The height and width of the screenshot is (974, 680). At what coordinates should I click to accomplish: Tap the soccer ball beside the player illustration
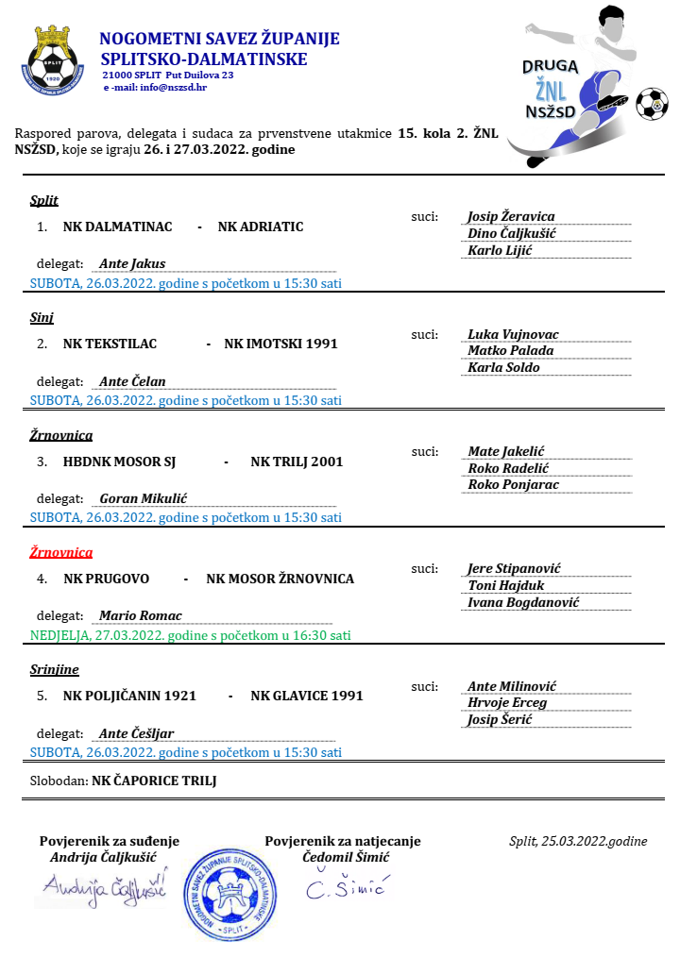click(651, 104)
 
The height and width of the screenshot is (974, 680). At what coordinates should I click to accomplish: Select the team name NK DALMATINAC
click(117, 227)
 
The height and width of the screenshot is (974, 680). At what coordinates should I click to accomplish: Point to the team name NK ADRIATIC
click(261, 227)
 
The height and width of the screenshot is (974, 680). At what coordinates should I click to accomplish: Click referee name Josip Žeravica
click(511, 216)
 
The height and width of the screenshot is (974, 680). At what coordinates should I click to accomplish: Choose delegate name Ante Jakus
click(132, 264)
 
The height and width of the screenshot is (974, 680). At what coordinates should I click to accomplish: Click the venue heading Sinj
click(42, 318)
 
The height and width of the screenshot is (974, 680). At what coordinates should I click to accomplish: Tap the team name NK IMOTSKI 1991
click(280, 344)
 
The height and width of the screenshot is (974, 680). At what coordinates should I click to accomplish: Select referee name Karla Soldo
click(503, 367)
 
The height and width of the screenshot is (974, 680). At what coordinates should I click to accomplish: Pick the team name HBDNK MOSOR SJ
click(120, 462)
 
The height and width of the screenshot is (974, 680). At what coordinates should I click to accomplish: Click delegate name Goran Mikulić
click(144, 497)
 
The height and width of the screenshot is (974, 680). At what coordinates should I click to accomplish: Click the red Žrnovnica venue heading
click(61, 552)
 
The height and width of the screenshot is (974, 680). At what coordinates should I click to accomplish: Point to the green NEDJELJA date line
click(190, 635)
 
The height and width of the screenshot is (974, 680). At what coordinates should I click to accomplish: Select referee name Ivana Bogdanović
click(523, 602)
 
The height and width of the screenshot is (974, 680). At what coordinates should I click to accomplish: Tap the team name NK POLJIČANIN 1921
click(129, 696)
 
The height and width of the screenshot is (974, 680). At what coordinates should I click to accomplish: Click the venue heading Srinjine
click(54, 669)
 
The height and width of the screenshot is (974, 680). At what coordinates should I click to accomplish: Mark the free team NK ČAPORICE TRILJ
click(154, 781)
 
